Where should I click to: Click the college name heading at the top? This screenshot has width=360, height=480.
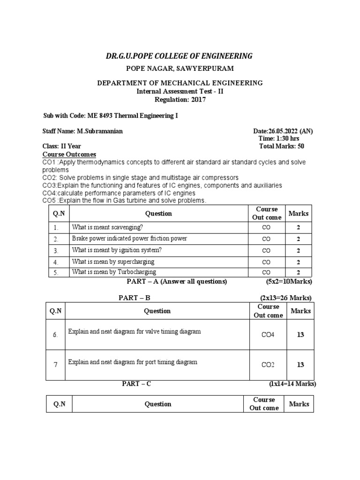coord(179,56)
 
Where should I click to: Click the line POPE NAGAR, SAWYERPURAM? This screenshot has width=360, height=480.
coord(180,69)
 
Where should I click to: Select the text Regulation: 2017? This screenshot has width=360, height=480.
coord(180,99)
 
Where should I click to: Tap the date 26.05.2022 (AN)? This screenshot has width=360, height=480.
coord(283,131)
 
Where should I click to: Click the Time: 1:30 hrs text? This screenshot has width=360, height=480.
coord(279,139)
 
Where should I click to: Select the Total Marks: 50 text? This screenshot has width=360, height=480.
coord(282,146)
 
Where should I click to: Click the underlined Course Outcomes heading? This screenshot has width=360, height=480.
coord(69,154)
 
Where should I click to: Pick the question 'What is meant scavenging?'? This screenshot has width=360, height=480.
coord(107,227)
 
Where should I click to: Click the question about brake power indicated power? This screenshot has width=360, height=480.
coord(129,239)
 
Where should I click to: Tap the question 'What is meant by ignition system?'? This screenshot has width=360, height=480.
coord(117,250)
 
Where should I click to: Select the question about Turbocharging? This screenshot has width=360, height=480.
coord(114,272)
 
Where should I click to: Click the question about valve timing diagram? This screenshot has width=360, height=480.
coord(135,331)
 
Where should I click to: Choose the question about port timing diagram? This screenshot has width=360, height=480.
coord(133,362)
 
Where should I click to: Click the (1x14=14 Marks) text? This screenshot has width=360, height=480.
coord(292,384)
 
